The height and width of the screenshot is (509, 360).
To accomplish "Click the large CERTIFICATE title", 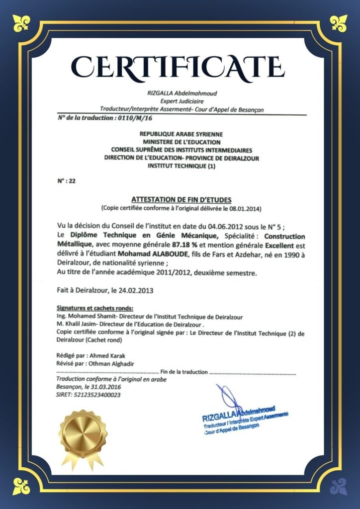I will (180, 67).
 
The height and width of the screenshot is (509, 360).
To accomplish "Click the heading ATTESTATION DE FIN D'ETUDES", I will (181, 199).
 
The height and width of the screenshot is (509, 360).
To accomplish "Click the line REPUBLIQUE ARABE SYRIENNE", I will (181, 134).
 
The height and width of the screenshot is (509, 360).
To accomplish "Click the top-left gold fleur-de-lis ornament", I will (21, 22).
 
